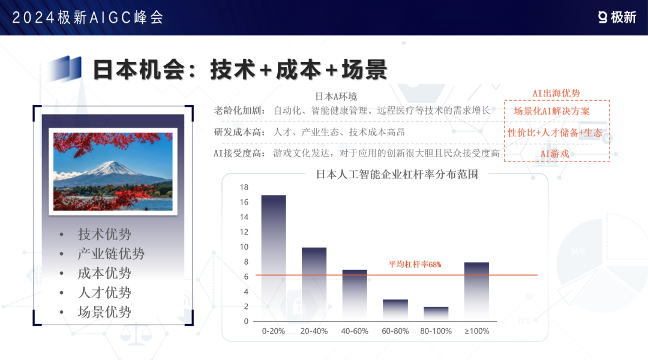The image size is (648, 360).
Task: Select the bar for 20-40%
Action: point(314,284)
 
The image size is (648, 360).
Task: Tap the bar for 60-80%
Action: point(395,310)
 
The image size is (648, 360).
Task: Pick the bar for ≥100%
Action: point(476,292)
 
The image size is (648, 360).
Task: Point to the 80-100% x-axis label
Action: point(436,331)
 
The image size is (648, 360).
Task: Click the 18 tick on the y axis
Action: point(244,187)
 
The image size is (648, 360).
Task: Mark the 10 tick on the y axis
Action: point(244,247)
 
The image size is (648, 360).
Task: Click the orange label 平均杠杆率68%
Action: point(415,264)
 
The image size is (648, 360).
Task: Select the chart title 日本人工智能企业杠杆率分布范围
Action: point(397,174)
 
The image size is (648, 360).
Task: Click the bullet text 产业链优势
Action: point(111,253)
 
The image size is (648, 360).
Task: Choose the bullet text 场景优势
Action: point(104,311)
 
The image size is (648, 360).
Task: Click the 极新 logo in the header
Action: point(617,17)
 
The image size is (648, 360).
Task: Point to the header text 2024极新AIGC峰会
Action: point(88,17)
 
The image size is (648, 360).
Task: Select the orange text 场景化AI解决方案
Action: point(552,111)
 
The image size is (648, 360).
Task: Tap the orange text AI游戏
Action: point(554,154)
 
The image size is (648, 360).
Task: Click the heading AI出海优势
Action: point(556,94)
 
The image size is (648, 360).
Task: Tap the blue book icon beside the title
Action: point(64,68)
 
